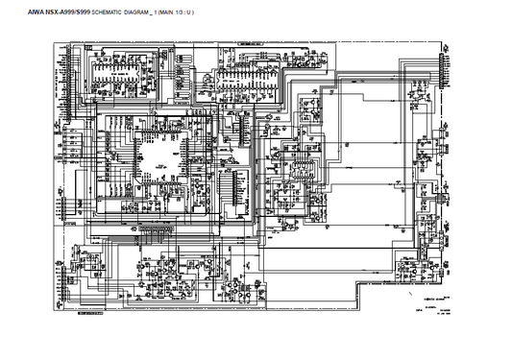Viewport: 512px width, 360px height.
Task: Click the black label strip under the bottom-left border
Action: pos(89,312)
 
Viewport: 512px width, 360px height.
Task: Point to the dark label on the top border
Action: pos(257,43)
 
